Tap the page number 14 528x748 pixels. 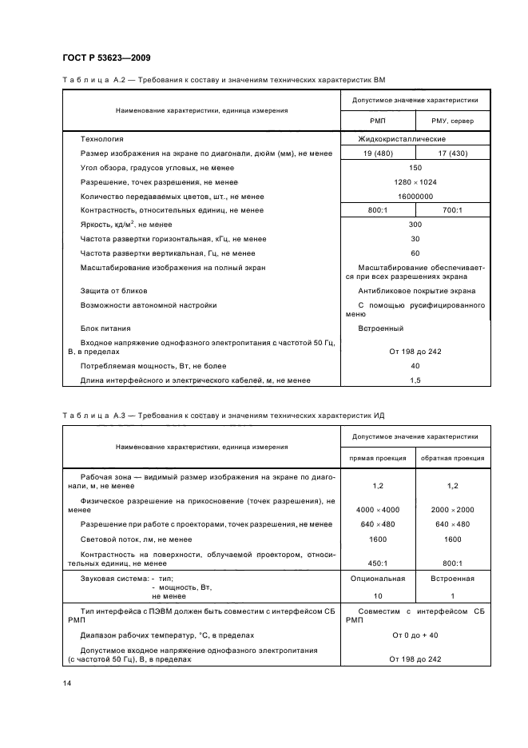(x=66, y=684)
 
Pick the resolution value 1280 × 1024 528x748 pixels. (x=415, y=181)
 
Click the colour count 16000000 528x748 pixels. (x=415, y=196)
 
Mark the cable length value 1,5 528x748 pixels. (x=415, y=380)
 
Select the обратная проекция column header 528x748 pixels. (x=453, y=458)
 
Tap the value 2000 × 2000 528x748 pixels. (x=453, y=509)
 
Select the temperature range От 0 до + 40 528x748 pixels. (x=415, y=635)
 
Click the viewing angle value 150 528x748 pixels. (x=415, y=167)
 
